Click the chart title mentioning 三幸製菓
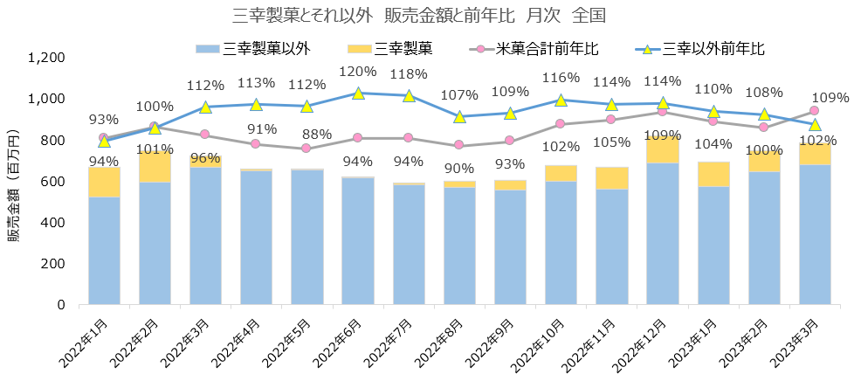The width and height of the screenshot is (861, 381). pos(408,17)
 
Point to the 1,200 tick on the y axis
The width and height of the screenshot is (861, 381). pos(47,58)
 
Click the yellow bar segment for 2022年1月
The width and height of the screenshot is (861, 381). pos(105,182)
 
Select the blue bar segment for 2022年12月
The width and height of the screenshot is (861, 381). pos(663,233)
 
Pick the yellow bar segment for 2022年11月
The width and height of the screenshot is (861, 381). pos(612,177)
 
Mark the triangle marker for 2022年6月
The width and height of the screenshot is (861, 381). pos(358,93)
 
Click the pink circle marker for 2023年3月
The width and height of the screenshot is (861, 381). pos(815,110)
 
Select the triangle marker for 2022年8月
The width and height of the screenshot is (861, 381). pos(460,116)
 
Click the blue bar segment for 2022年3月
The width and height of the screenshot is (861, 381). pos(206,236)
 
